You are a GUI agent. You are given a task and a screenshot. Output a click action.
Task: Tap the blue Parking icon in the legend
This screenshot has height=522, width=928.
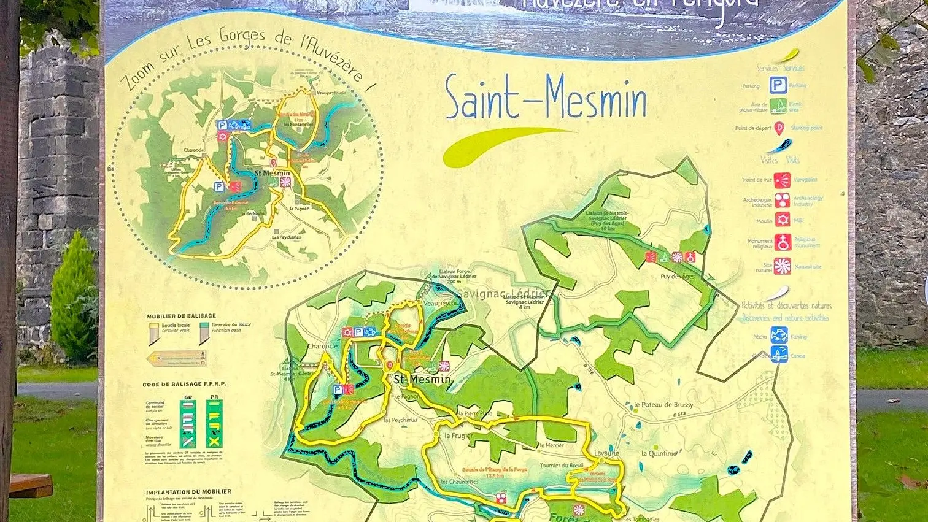click(x=778, y=85)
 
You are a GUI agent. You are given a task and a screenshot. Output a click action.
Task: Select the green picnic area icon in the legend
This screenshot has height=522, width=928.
click(x=778, y=106)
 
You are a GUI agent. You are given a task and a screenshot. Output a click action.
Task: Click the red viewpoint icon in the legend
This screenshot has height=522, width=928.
click(x=781, y=180)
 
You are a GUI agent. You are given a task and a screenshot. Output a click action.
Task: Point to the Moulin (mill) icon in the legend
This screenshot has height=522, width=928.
click(x=782, y=220)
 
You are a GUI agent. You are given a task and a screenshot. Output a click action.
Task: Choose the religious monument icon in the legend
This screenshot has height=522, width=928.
click(x=782, y=242)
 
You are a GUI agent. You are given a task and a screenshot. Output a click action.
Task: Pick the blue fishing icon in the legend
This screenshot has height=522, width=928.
click(x=779, y=336)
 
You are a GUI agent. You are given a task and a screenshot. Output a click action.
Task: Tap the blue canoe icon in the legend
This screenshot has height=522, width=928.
click(x=779, y=355)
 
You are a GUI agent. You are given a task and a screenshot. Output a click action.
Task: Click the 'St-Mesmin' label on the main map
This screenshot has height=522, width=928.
click(x=422, y=380)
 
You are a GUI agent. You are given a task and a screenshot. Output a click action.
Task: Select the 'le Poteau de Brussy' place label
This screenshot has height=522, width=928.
click(x=663, y=405)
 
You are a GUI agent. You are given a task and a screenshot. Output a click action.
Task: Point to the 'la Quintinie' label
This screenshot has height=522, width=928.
click(x=659, y=453)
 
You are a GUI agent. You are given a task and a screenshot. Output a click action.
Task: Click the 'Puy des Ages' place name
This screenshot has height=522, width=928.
click(x=678, y=277)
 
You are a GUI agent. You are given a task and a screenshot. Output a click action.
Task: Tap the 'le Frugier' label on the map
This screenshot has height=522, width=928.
click(x=458, y=436)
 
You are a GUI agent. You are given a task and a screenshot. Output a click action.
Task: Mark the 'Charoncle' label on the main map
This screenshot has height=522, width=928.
click(x=322, y=347)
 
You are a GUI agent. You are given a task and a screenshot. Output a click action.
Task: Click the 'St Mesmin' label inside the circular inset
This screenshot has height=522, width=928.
click(x=272, y=174)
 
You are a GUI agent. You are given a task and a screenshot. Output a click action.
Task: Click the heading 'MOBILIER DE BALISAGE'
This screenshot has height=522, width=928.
click(x=181, y=317)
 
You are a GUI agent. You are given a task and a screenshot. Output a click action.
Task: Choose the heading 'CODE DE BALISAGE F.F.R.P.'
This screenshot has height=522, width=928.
click(x=184, y=385)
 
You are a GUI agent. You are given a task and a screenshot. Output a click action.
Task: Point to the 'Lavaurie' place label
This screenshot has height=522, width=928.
click(x=606, y=453)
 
